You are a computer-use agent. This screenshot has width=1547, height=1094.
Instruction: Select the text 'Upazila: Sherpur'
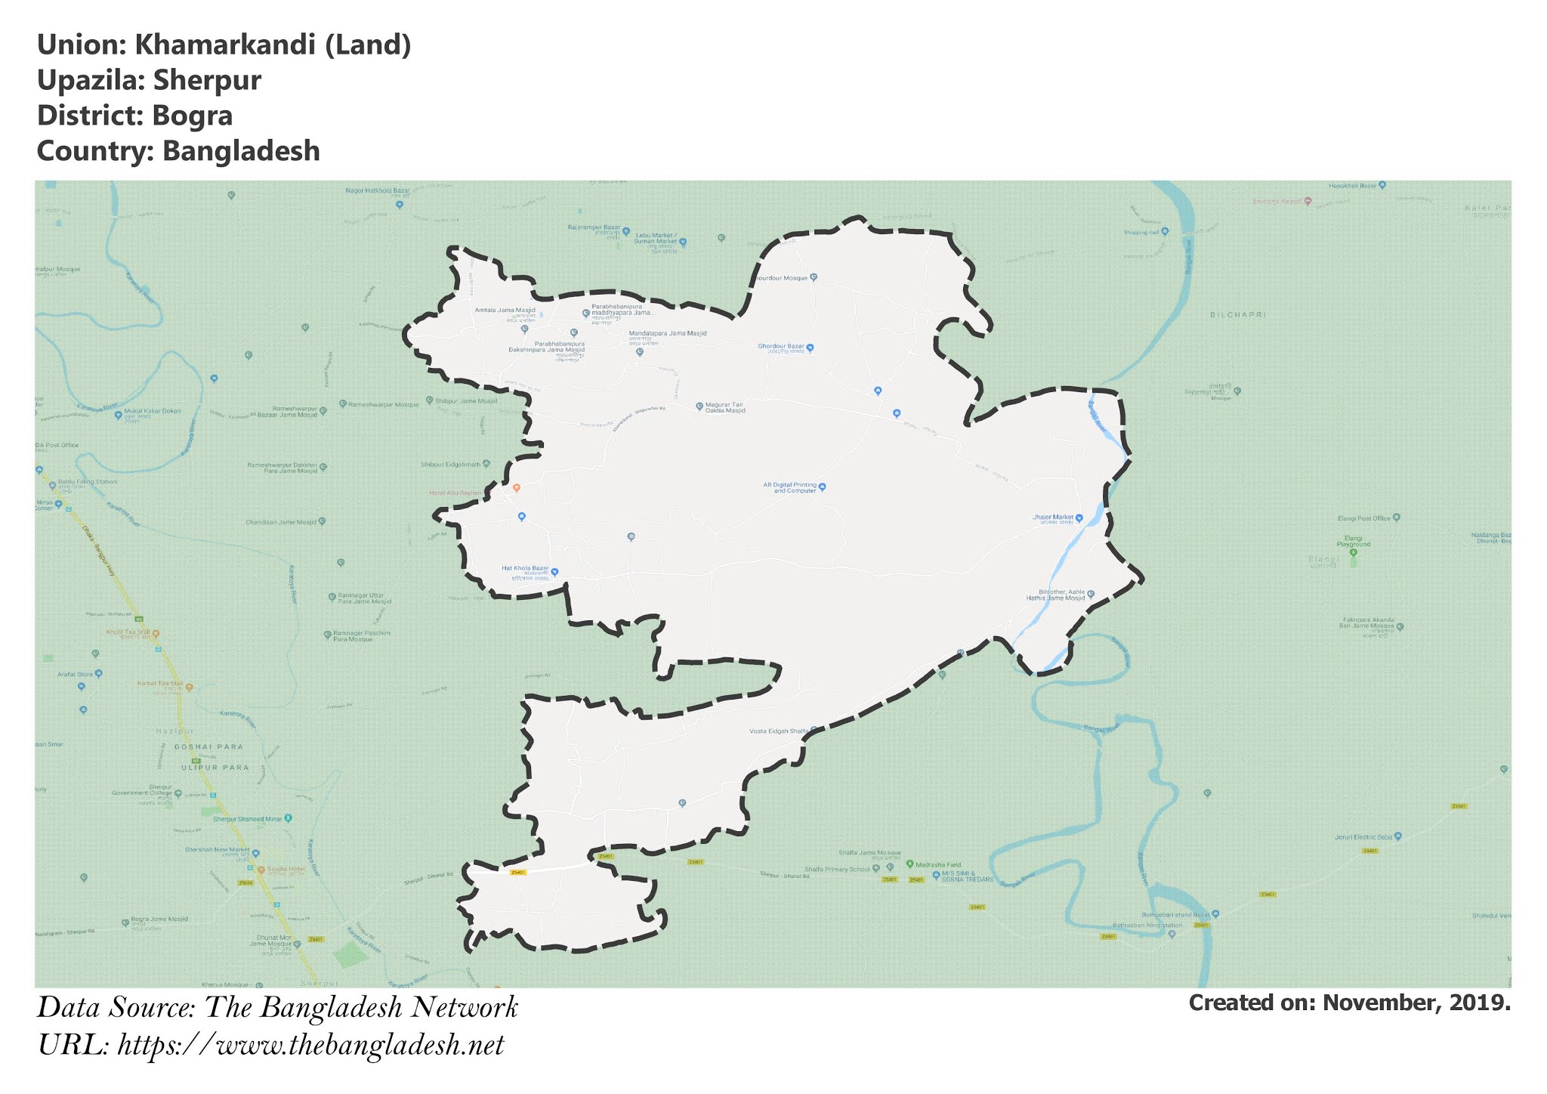coord(149,80)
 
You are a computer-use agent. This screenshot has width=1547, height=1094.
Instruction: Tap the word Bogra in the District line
coord(192,116)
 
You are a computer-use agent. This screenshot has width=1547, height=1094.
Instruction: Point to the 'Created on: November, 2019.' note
coord(1349,1003)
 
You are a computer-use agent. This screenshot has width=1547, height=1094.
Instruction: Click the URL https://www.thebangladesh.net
coord(310,1046)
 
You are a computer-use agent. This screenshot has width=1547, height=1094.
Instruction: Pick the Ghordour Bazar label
coord(781,347)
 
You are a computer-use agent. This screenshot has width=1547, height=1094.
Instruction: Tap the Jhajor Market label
coord(1052,518)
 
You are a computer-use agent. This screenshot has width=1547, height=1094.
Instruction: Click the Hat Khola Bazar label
coord(525,568)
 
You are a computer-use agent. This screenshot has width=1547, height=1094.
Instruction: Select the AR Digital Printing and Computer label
coord(789,487)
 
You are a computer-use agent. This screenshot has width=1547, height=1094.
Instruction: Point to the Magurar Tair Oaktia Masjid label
coord(724,408)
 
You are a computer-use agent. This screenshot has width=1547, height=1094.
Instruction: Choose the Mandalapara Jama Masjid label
coord(668,333)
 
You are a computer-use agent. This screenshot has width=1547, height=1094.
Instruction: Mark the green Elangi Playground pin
coord(1353,553)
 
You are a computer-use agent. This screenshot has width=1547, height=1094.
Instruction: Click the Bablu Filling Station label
coord(88,482)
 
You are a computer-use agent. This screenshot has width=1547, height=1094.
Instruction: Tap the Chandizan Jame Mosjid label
coord(281,522)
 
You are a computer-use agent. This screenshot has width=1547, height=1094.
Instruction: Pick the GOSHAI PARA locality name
coord(208,746)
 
